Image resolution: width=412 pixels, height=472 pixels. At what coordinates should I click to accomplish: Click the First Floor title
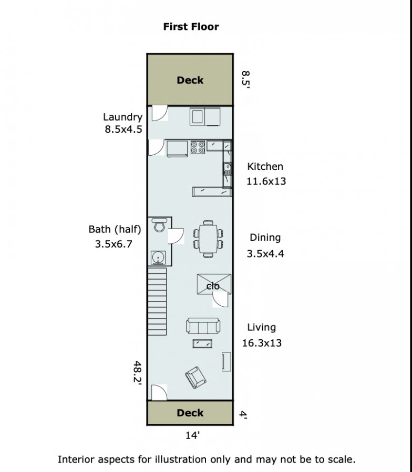(191, 27)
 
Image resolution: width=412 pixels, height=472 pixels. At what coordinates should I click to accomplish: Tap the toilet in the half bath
(159, 224)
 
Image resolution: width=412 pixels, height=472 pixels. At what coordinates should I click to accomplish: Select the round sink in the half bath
(158, 258)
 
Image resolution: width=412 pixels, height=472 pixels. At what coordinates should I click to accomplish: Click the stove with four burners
(198, 147)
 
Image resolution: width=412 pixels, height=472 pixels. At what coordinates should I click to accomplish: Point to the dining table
(208, 239)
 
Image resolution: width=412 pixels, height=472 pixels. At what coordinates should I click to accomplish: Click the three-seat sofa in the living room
(203, 326)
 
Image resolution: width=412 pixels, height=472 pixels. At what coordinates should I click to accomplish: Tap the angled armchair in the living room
(195, 378)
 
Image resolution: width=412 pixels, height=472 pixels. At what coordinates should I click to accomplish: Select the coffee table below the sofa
(202, 344)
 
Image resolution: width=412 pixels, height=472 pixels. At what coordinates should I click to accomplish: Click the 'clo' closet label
(213, 286)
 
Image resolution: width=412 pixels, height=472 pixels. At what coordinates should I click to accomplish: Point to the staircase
(157, 302)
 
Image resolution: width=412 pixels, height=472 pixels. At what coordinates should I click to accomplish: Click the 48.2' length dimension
(138, 372)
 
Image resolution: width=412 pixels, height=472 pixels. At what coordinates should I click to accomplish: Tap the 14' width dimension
(192, 435)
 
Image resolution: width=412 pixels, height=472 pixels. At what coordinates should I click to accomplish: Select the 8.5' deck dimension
(246, 79)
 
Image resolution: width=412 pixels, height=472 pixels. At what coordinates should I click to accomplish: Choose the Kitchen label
(265, 166)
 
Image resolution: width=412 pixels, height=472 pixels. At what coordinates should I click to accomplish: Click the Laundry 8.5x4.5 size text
(123, 130)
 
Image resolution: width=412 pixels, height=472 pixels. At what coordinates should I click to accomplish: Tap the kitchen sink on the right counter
(227, 168)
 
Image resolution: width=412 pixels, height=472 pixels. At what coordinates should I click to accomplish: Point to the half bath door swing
(176, 236)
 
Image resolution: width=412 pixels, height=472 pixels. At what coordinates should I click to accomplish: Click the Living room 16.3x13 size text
(262, 343)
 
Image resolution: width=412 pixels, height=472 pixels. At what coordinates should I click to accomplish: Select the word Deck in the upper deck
(190, 80)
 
